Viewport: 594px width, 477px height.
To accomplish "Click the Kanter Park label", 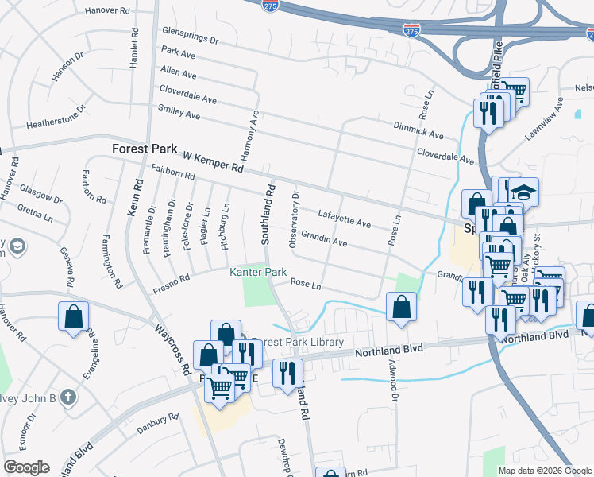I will coord(258,272).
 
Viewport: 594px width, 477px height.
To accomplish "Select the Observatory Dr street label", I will coord(295,219).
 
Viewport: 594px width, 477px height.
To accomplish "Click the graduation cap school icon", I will coord(523,192).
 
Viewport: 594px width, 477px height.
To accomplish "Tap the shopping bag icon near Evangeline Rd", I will coord(74,316).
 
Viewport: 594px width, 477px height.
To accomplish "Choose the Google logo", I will coord(26,467).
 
